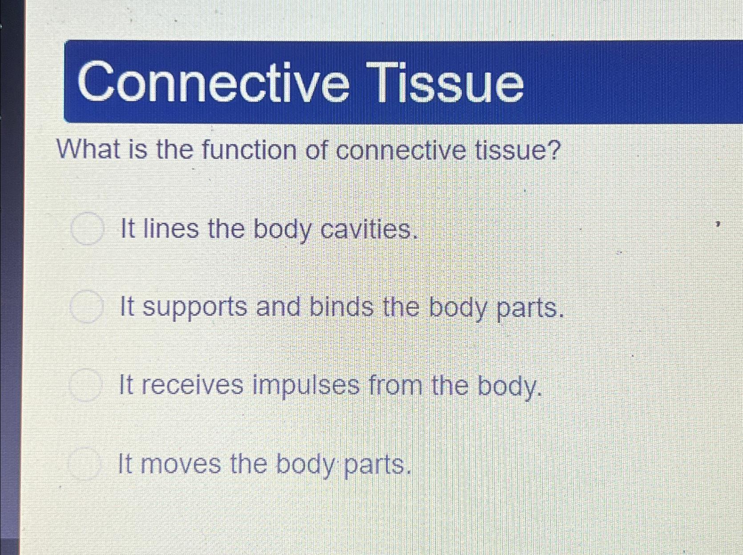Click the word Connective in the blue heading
(x=213, y=82)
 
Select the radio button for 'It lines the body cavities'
(x=88, y=229)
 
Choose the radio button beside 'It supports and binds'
(x=86, y=306)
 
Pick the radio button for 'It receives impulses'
(x=85, y=386)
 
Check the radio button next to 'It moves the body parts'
(x=84, y=464)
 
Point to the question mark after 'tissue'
(x=552, y=151)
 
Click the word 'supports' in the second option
(x=194, y=308)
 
